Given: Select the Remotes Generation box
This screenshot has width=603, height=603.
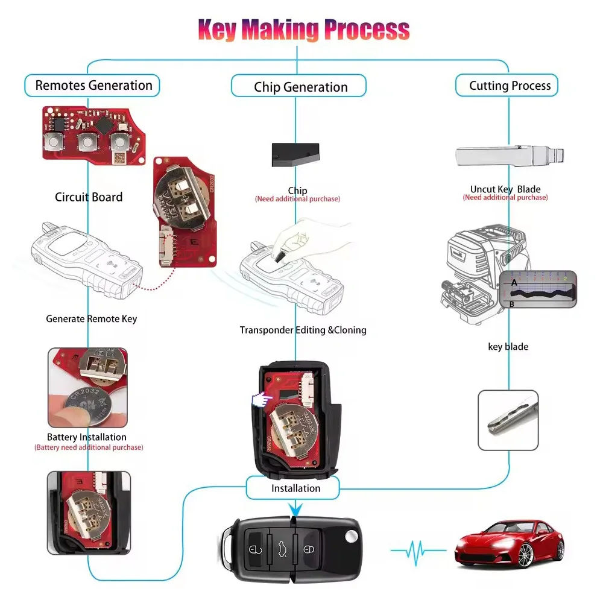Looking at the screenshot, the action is pyautogui.click(x=92, y=86).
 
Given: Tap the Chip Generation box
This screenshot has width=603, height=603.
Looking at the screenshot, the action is pyautogui.click(x=298, y=86).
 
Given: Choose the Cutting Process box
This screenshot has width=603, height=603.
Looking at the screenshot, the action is pyautogui.click(x=507, y=86).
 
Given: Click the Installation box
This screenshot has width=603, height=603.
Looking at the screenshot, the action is pyautogui.click(x=292, y=488).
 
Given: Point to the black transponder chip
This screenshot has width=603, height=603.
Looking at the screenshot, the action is pyautogui.click(x=295, y=154).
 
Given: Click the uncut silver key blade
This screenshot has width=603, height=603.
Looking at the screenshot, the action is pyautogui.click(x=510, y=156).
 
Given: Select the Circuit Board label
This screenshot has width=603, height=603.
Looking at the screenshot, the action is pyautogui.click(x=89, y=197).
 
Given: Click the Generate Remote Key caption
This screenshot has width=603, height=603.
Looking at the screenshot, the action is pyautogui.click(x=91, y=319).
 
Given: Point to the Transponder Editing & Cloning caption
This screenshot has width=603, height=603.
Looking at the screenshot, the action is pyautogui.click(x=303, y=330).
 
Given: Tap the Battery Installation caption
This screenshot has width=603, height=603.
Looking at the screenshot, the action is pyautogui.click(x=86, y=437).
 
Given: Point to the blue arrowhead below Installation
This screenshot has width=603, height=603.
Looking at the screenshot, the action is pyautogui.click(x=295, y=510).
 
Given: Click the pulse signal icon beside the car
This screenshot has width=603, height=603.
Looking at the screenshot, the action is pyautogui.click(x=418, y=551).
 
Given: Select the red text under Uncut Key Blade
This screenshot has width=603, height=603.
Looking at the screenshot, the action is pyautogui.click(x=505, y=197).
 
